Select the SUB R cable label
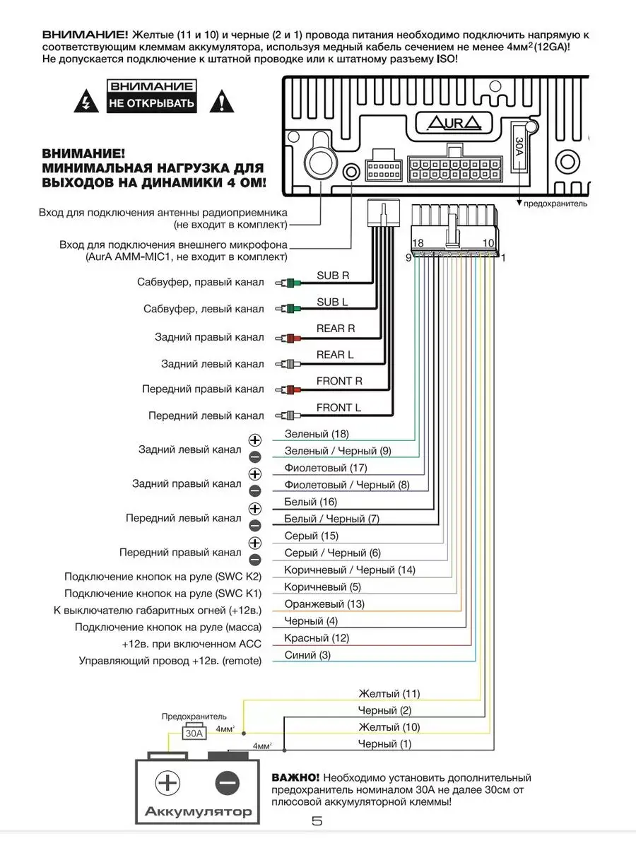[x=333, y=276]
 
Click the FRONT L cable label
[x=338, y=408]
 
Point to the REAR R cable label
[x=336, y=329]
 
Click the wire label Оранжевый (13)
[x=324, y=604]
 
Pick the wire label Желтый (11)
[x=389, y=693]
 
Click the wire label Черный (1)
[x=384, y=744]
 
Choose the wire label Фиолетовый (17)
[x=326, y=468]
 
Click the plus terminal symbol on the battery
[x=167, y=783]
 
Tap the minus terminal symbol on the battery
[x=228, y=783]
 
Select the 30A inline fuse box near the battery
[x=194, y=733]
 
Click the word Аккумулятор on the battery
[x=198, y=812]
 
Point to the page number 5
[x=317, y=821]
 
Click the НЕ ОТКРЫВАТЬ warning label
[x=151, y=104]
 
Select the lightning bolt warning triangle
[x=85, y=102]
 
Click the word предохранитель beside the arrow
[x=555, y=204]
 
